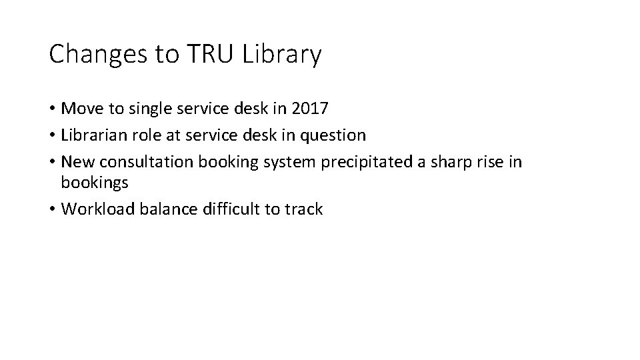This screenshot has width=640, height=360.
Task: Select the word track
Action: coord(303,209)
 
